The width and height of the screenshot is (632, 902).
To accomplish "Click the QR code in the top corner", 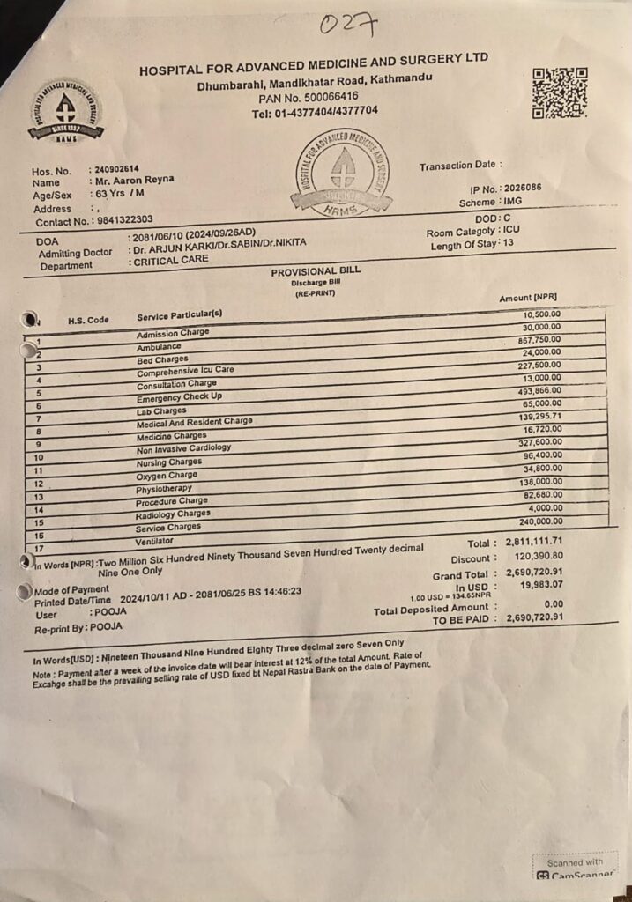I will (x=560, y=92).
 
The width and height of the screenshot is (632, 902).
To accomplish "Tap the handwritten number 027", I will (x=349, y=24).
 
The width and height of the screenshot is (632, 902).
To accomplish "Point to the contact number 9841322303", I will (x=124, y=219).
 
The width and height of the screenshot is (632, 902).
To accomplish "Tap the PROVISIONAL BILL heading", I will (x=316, y=271).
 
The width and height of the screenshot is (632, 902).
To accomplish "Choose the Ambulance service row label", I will (x=160, y=348).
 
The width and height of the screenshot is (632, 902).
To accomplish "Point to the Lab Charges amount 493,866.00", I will (x=539, y=391).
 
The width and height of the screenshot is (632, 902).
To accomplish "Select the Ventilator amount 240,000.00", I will (x=539, y=521).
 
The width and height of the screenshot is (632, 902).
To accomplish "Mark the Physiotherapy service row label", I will (x=164, y=490).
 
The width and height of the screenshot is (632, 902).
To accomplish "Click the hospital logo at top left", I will (x=65, y=111).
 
